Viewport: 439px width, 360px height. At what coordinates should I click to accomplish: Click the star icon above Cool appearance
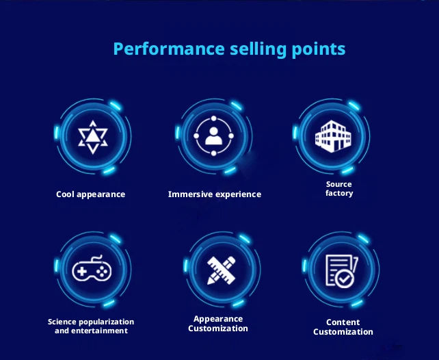[x=91, y=136]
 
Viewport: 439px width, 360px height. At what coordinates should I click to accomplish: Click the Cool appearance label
[x=90, y=194]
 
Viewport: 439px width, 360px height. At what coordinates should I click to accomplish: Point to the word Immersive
[x=191, y=194]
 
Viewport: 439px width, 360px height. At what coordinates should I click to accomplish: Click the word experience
[x=239, y=194]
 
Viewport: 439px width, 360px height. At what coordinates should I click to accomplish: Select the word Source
[x=338, y=185]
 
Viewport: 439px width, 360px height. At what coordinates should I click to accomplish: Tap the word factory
[x=339, y=194]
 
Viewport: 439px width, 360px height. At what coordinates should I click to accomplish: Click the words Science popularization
[x=91, y=322]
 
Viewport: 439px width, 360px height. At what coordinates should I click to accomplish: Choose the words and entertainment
[x=91, y=331]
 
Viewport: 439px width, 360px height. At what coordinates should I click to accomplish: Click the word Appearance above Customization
[x=218, y=319]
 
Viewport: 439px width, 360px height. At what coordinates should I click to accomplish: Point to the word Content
[x=343, y=322]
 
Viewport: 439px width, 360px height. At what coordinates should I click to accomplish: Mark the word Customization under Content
[x=343, y=332]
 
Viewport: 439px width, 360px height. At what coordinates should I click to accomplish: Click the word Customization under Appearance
[x=218, y=329]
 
